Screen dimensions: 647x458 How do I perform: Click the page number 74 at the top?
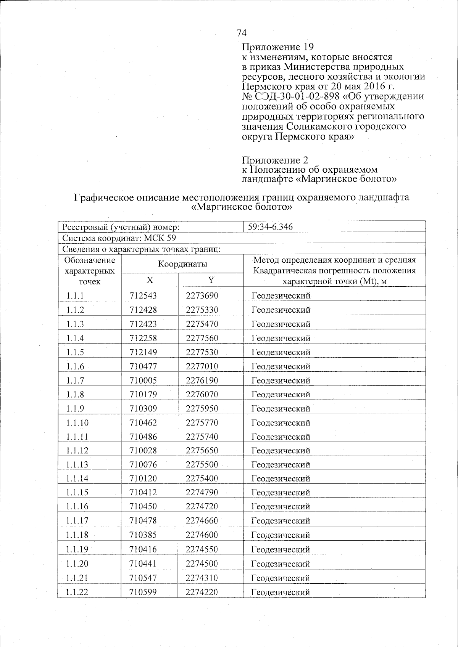[x=242, y=33]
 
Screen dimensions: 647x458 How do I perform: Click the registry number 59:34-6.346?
[x=270, y=227]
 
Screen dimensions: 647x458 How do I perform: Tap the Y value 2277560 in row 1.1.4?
[x=202, y=338]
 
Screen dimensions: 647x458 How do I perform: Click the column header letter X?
[x=150, y=280]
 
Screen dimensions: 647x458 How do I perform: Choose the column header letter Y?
[x=211, y=280]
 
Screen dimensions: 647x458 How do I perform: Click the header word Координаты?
[x=183, y=264]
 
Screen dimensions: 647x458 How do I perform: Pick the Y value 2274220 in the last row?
[x=202, y=592]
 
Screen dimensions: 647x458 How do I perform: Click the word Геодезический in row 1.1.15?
[x=281, y=493]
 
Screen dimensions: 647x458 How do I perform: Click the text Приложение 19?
[x=277, y=47]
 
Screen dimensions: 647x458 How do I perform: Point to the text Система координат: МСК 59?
[x=119, y=238]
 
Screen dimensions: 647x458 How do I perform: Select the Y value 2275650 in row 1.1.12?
[x=202, y=451]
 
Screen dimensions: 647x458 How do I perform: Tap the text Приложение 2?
[x=275, y=160]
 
